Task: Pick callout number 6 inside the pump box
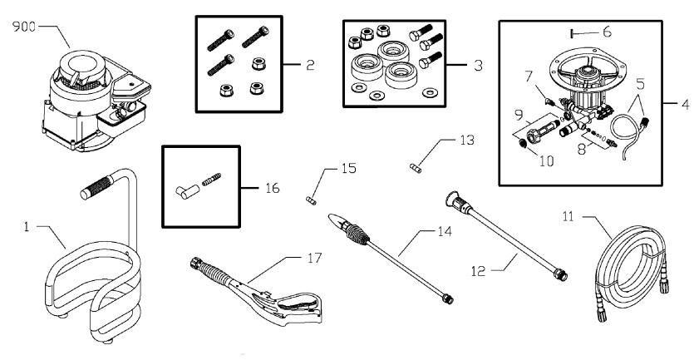click(607, 32)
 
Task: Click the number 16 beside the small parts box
click(272, 188)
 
